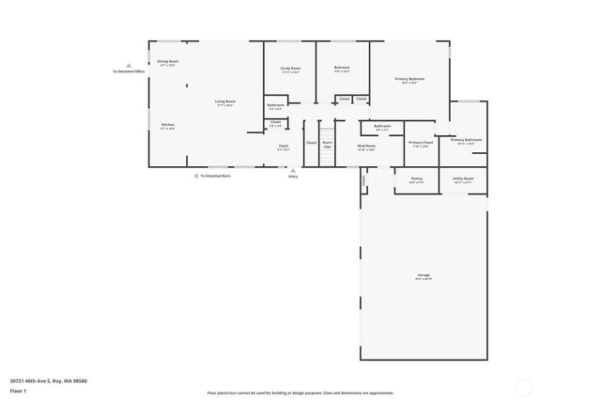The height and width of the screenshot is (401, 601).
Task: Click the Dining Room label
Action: [x=168, y=61]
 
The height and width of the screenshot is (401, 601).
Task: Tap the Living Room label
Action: [x=224, y=101]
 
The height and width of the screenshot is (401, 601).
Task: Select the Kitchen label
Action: [x=167, y=125]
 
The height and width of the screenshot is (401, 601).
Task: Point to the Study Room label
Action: [x=290, y=68]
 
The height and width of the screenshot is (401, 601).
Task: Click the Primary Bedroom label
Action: [x=409, y=79]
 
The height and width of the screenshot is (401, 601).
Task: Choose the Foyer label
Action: [x=282, y=146]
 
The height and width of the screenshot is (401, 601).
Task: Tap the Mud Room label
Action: [x=366, y=146]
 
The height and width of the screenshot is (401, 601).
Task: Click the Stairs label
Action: [x=328, y=144]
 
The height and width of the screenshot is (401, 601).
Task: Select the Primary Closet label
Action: [x=420, y=142]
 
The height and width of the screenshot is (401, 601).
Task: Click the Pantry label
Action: [x=417, y=178]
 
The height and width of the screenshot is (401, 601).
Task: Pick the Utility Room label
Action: [x=463, y=178]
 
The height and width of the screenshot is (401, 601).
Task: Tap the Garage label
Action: [x=424, y=275]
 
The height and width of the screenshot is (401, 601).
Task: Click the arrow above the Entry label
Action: [x=293, y=169]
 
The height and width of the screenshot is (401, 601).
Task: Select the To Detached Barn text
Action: [x=215, y=176]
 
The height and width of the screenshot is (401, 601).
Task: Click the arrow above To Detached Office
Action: [x=129, y=65]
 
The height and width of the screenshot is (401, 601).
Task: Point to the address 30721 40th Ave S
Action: [x=48, y=380]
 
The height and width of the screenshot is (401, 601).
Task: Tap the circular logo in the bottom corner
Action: [x=523, y=385]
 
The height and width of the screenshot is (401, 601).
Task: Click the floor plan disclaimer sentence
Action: [x=300, y=393]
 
